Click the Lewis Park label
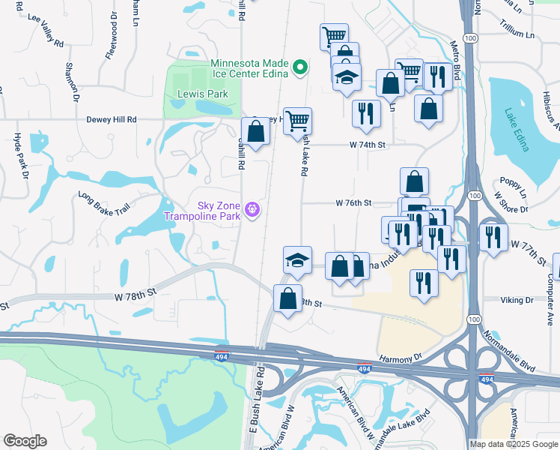click(202, 94)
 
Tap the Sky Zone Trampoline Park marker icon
click(254, 208)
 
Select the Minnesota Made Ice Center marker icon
click(300, 67)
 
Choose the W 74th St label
click(366, 145)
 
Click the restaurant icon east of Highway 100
click(493, 237)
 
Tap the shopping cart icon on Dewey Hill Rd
click(298, 120)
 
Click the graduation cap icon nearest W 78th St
click(297, 259)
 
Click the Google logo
click(25, 441)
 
